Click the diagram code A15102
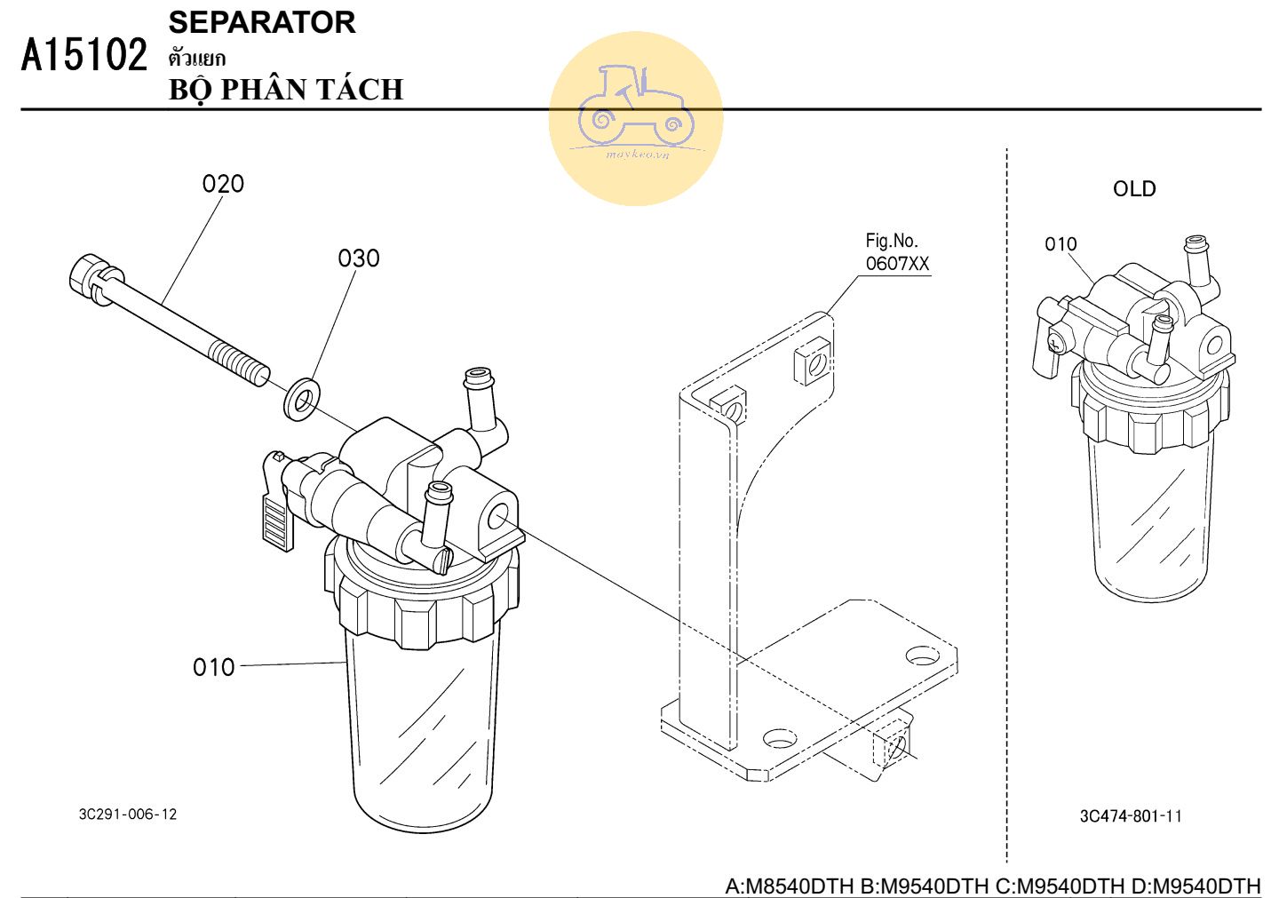[x=84, y=55]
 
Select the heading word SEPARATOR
[x=262, y=22]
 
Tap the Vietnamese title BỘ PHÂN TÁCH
[x=286, y=90]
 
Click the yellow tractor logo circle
[x=636, y=118]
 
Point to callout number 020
[x=223, y=184]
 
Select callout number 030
[x=358, y=258]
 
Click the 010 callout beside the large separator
[x=213, y=667]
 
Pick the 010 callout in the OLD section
[x=1060, y=244]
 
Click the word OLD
[x=1134, y=189]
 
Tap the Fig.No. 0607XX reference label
[x=896, y=252]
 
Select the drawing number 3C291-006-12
[x=128, y=814]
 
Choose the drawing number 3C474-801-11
[x=1131, y=816]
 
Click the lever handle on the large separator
[x=277, y=519]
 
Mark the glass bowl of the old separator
[x=1151, y=524]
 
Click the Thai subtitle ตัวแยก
[x=196, y=59]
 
